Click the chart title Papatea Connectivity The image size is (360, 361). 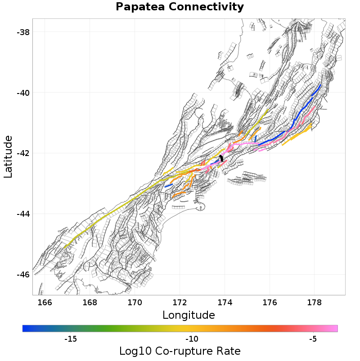180,7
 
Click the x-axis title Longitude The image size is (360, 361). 189,315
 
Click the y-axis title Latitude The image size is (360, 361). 9,158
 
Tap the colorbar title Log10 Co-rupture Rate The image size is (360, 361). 180,351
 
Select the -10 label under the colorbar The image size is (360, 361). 192,339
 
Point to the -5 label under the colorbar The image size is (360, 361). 313,339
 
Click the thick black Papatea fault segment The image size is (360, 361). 221,159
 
